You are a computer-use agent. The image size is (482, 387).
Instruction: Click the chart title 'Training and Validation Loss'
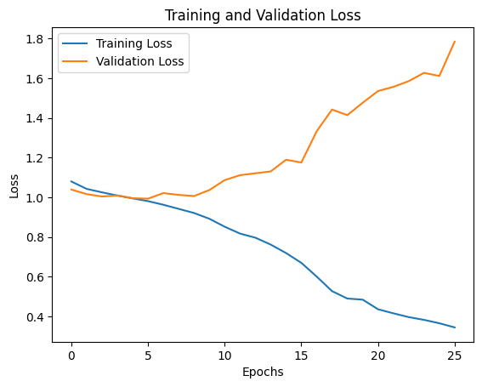click(264, 14)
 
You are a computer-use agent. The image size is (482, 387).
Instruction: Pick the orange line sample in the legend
click(76, 61)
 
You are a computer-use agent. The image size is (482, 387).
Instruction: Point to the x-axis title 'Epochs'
click(264, 372)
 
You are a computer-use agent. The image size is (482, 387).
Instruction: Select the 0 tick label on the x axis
click(71, 354)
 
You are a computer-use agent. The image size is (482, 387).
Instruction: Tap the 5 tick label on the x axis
click(148, 354)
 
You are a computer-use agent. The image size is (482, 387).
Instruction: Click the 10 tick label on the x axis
click(224, 354)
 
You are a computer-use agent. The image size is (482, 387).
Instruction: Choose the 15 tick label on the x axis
click(302, 354)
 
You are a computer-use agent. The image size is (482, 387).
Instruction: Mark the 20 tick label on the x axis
click(378, 354)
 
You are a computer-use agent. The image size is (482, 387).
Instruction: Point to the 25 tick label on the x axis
click(455, 354)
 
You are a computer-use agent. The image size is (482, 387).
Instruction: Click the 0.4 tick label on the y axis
click(37, 317)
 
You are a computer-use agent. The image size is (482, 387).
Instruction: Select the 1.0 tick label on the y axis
click(37, 197)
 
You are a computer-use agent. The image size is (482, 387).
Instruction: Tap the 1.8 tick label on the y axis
click(37, 38)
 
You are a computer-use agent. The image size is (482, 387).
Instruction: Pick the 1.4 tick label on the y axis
click(37, 118)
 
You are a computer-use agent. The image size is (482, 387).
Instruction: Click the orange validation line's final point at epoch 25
click(455, 42)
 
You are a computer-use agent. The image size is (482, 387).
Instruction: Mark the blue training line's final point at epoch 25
click(455, 327)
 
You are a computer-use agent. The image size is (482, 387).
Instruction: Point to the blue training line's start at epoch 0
click(71, 181)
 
